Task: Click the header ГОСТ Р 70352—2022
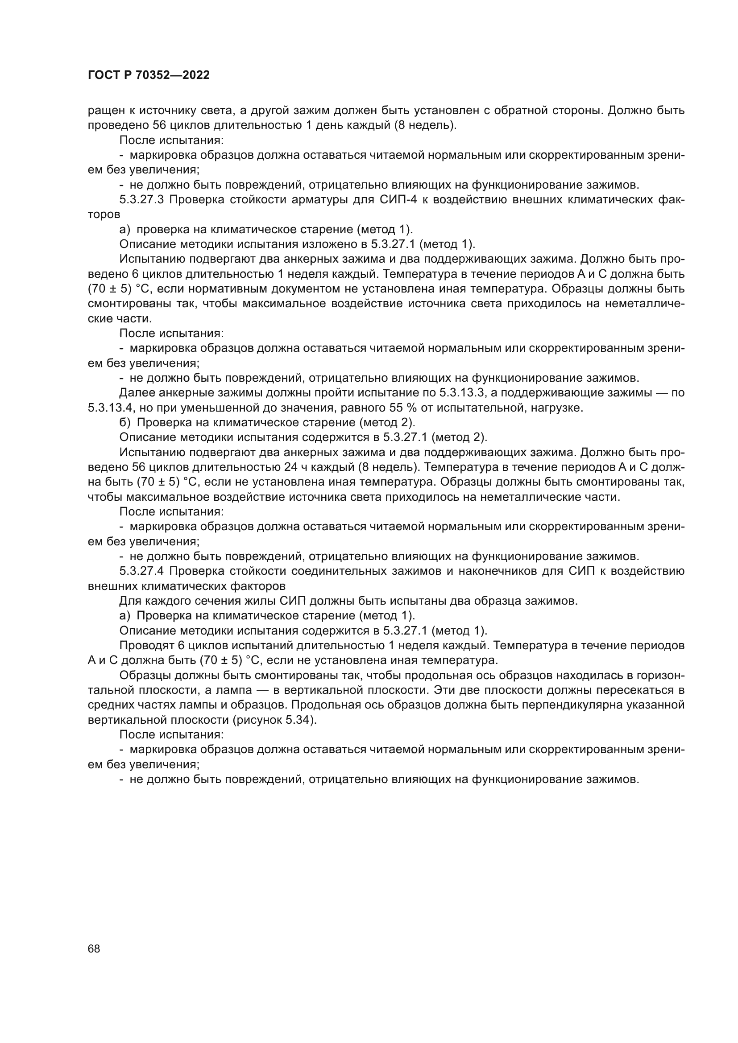149,75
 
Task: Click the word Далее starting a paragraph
136,393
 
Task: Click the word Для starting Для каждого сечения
129,601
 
